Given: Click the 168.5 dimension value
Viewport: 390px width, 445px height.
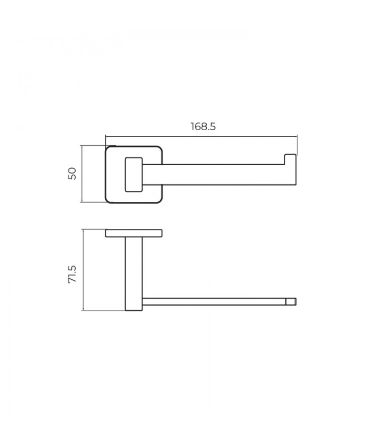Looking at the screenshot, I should pyautogui.click(x=203, y=126).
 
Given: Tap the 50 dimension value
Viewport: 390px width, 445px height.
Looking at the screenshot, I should pyautogui.click(x=72, y=174).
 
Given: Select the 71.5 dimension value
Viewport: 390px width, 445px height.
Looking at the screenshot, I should pyautogui.click(x=72, y=275).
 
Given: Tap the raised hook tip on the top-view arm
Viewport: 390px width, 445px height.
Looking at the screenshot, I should pyautogui.click(x=291, y=159).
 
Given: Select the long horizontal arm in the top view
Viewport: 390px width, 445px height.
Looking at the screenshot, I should pyautogui.click(x=217, y=174).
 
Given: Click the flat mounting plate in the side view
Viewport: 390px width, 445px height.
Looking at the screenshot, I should pyautogui.click(x=134, y=233).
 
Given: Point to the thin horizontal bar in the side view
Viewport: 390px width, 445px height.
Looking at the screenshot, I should pyautogui.click(x=214, y=301).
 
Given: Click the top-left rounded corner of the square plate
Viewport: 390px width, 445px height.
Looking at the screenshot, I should pyautogui.click(x=108, y=149).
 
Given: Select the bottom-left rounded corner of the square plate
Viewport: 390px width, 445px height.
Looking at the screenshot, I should pyautogui.click(x=108, y=200).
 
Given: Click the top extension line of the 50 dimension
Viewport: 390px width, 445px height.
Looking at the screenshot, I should pyautogui.click(x=93, y=146).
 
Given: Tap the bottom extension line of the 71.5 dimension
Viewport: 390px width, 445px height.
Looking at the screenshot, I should pyautogui.click(x=103, y=310).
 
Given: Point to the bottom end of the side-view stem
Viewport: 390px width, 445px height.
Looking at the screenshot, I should pyautogui.click(x=134, y=309).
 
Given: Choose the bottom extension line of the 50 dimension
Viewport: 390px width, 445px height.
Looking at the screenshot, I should pyautogui.click(x=93, y=202).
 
